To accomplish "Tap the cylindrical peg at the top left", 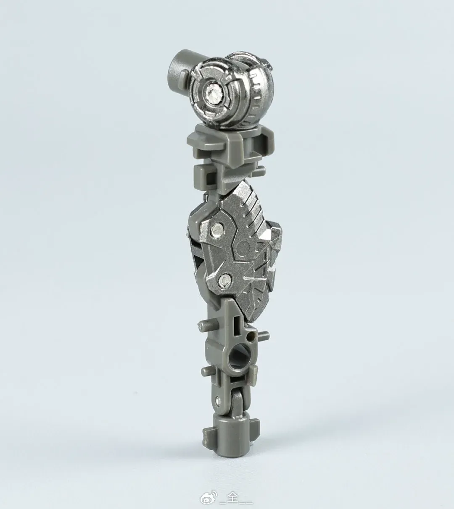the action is [178, 68].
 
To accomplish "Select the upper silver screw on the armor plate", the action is [217, 229].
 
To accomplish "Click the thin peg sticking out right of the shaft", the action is [263, 334].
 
